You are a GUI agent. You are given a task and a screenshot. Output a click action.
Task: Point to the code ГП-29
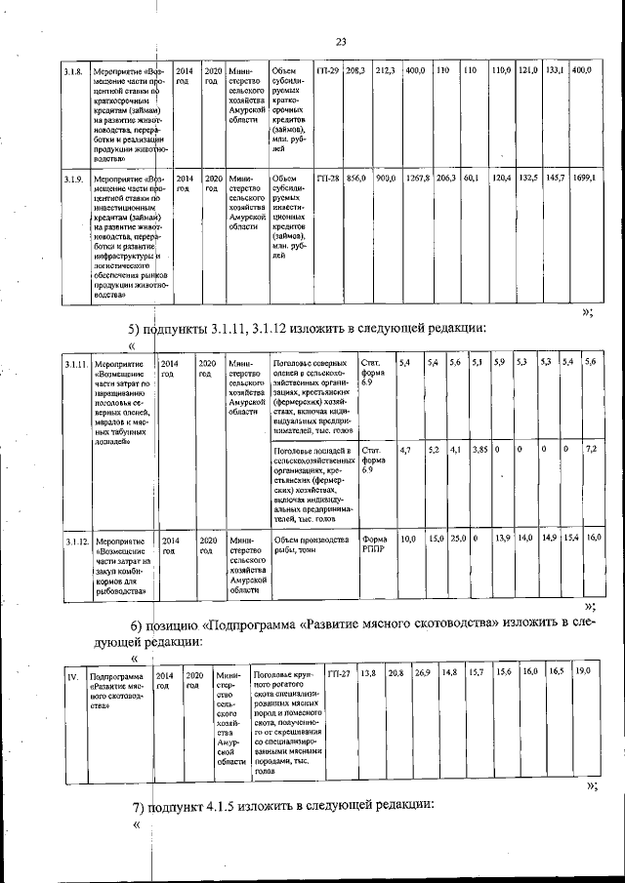(x=328, y=71)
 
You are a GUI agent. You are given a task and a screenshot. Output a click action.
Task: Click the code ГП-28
(x=328, y=180)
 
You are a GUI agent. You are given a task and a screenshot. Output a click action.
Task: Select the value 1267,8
(x=418, y=180)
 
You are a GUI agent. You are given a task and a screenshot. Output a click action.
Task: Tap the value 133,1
(x=556, y=71)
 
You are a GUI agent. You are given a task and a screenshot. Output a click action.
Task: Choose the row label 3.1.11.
(x=77, y=364)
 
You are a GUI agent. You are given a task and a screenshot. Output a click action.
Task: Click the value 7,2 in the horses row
(x=591, y=450)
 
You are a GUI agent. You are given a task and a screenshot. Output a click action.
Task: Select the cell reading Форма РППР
(x=374, y=543)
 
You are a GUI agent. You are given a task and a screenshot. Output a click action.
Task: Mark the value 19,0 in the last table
(x=582, y=672)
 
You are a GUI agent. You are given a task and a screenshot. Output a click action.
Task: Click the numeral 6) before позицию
(x=137, y=624)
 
